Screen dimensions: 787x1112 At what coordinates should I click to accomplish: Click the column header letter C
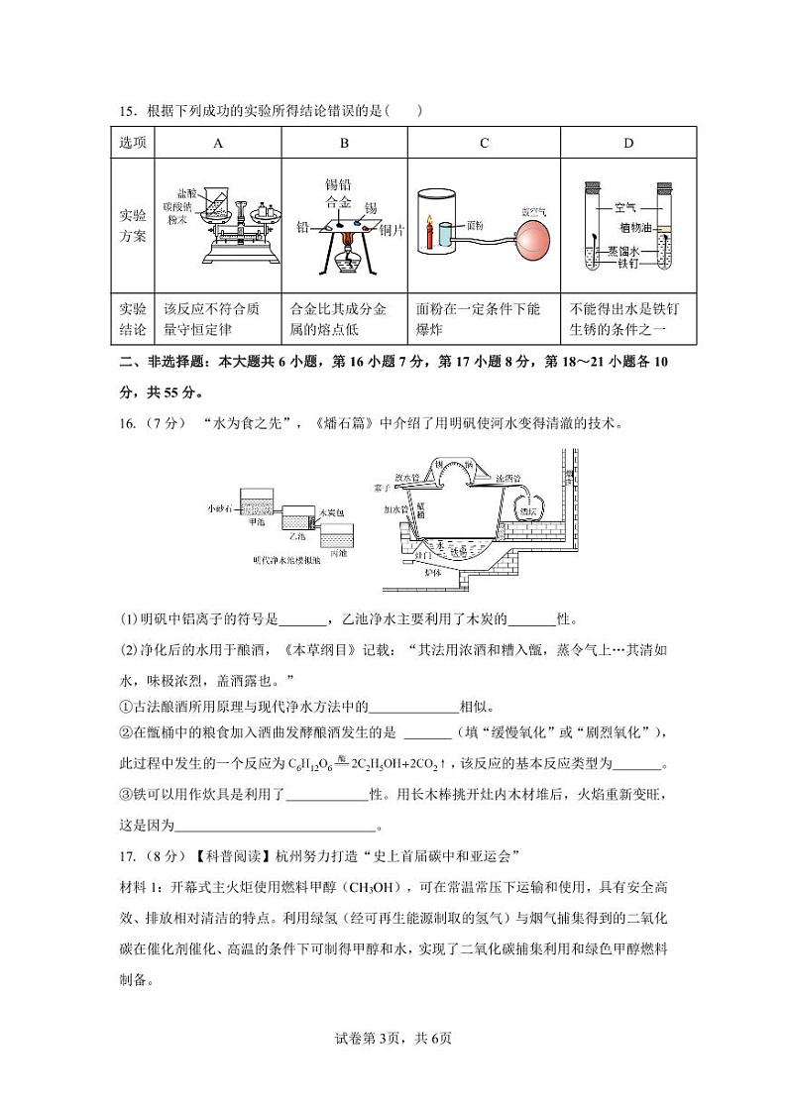coord(484,143)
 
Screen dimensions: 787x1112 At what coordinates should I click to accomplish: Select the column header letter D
coord(627,143)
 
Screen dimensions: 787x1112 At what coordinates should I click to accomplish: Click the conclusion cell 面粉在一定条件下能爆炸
coord(484,319)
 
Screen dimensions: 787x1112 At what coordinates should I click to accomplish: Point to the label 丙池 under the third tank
coord(339,552)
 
